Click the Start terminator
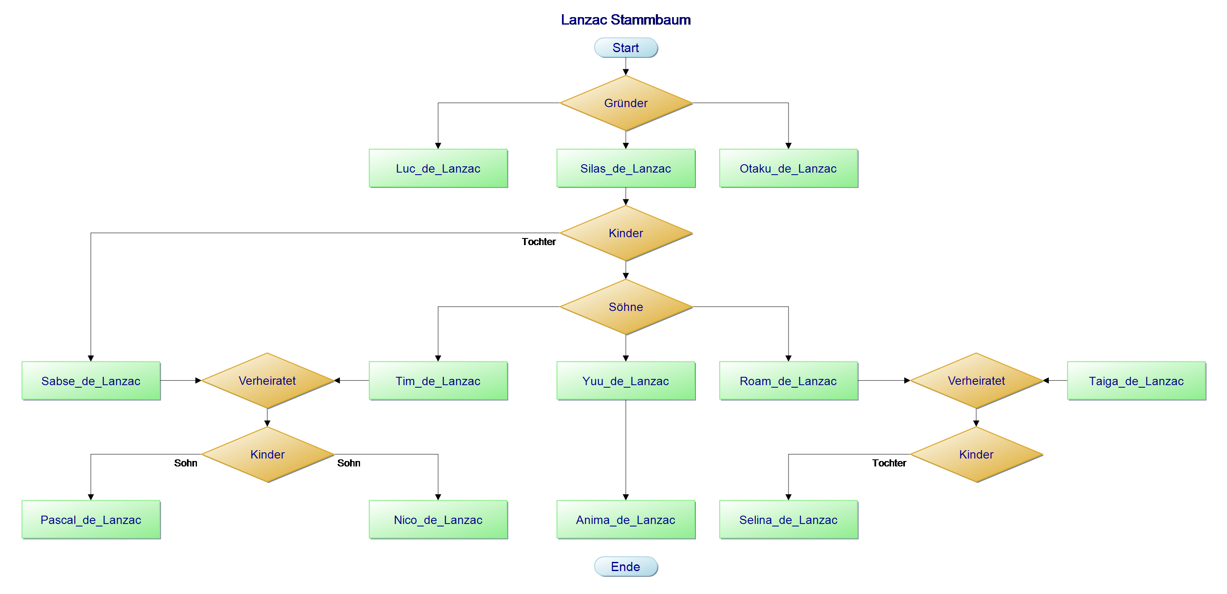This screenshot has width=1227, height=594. click(625, 48)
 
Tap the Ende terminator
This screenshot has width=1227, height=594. click(625, 566)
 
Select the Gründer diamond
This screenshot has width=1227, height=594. click(625, 103)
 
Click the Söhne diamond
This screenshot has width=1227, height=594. click(625, 307)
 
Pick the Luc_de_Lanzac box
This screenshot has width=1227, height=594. click(438, 168)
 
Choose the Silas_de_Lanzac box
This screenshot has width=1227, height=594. click(625, 168)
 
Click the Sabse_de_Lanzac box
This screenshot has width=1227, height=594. click(91, 381)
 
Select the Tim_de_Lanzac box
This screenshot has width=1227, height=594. click(438, 381)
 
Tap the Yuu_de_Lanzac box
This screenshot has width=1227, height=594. click(625, 381)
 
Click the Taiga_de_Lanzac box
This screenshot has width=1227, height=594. click(1136, 381)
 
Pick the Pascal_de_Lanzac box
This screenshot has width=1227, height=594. click(91, 520)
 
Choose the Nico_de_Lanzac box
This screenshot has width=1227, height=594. click(438, 520)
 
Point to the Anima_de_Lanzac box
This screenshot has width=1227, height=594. click(625, 520)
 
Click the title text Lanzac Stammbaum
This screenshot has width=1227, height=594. click(625, 20)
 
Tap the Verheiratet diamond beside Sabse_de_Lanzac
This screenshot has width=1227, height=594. click(267, 381)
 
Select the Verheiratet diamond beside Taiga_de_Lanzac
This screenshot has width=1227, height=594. click(976, 381)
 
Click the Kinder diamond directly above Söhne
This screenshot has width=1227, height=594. click(625, 233)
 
